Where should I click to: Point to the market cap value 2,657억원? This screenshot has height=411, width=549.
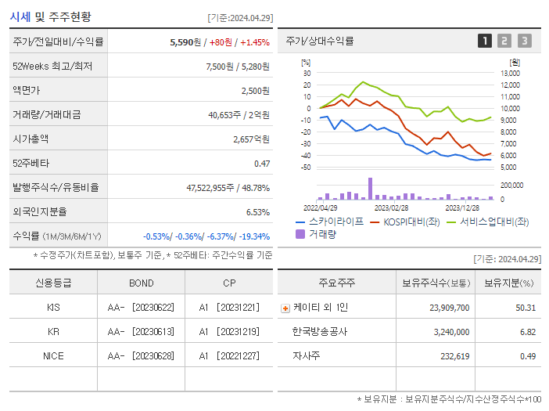click(251, 139)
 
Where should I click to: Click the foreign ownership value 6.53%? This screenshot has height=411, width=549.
click(257, 211)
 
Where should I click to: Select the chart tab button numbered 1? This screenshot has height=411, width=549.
click(485, 41)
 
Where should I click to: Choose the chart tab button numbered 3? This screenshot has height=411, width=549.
click(524, 41)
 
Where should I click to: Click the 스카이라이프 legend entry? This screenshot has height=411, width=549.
click(329, 222)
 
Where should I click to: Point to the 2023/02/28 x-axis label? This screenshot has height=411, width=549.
click(391, 207)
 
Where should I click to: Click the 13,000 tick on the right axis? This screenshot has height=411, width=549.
click(509, 73)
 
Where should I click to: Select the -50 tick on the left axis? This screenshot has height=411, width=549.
click(306, 168)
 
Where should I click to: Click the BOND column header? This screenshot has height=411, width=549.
click(141, 283)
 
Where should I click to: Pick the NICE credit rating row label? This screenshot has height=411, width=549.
click(53, 355)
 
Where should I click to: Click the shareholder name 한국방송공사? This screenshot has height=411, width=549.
click(320, 331)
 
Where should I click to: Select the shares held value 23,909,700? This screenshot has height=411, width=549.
click(449, 308)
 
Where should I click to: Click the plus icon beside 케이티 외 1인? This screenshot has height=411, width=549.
click(285, 308)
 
